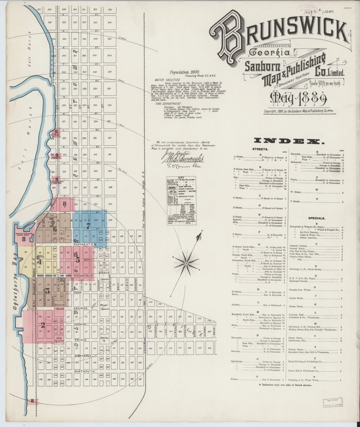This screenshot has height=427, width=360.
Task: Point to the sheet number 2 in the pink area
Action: [42, 324]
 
